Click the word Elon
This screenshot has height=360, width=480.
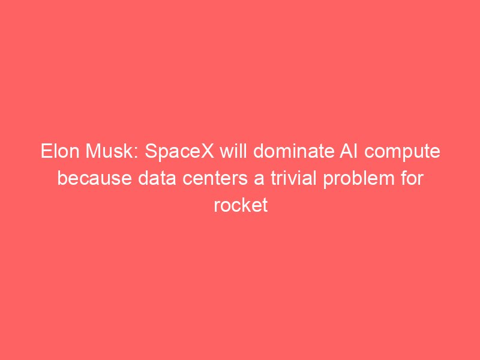61,151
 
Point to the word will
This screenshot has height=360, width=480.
235,151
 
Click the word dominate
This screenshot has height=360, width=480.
294,151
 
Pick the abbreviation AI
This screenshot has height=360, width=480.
349,151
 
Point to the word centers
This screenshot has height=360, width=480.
215,178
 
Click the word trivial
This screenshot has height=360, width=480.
293,178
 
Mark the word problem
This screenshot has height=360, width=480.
359,179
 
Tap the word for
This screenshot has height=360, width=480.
412,178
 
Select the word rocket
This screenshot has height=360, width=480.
241,205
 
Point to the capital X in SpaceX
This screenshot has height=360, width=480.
207,151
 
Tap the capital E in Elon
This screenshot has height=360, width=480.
46,151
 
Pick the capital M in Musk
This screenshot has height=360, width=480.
94,151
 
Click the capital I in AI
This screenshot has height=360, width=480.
356,151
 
